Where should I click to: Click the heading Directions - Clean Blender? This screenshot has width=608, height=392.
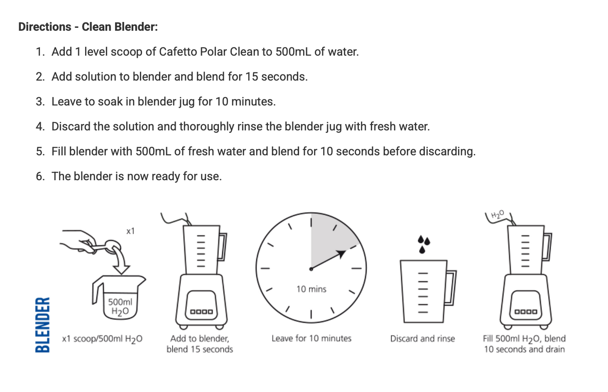(x=88, y=27)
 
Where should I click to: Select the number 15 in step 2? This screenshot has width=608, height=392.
(x=252, y=77)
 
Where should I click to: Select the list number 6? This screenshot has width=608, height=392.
(x=40, y=176)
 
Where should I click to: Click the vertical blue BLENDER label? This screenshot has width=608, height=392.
(x=42, y=324)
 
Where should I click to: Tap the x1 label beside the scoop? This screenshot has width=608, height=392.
(x=130, y=231)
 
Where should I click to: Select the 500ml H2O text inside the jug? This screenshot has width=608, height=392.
(x=120, y=306)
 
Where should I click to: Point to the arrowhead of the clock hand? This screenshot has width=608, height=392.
(x=342, y=253)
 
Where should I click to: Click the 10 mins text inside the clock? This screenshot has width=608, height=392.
(x=311, y=289)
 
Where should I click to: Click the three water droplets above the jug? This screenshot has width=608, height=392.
(x=423, y=244)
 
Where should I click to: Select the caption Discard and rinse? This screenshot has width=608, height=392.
(x=422, y=339)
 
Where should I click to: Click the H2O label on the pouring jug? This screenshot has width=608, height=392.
(x=497, y=214)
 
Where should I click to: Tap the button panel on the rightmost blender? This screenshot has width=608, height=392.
(x=525, y=311)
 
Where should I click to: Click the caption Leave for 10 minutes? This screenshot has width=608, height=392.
(x=311, y=339)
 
